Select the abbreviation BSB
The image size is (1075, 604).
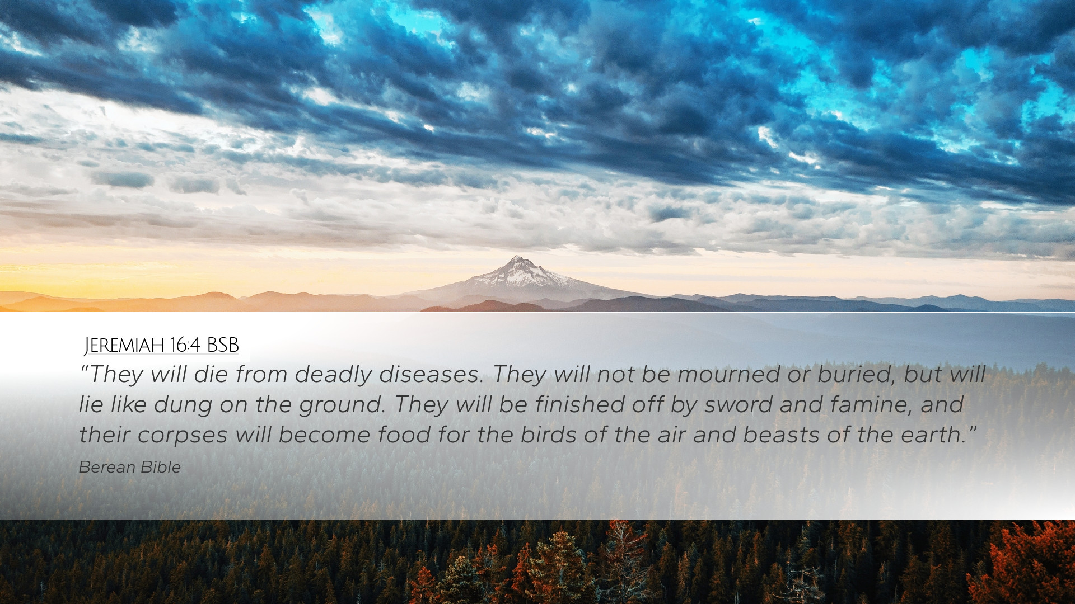[x=222, y=346]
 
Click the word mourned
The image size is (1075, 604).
[x=730, y=375]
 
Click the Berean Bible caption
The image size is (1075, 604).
[x=129, y=468]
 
